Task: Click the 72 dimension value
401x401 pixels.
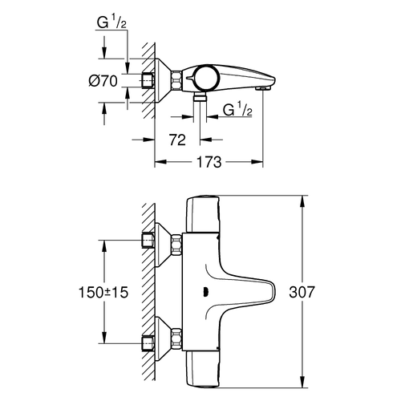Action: (x=178, y=140)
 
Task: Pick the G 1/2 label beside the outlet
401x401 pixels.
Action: (x=235, y=110)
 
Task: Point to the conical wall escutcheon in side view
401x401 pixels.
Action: (x=170, y=81)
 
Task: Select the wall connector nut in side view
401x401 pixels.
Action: (x=150, y=82)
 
